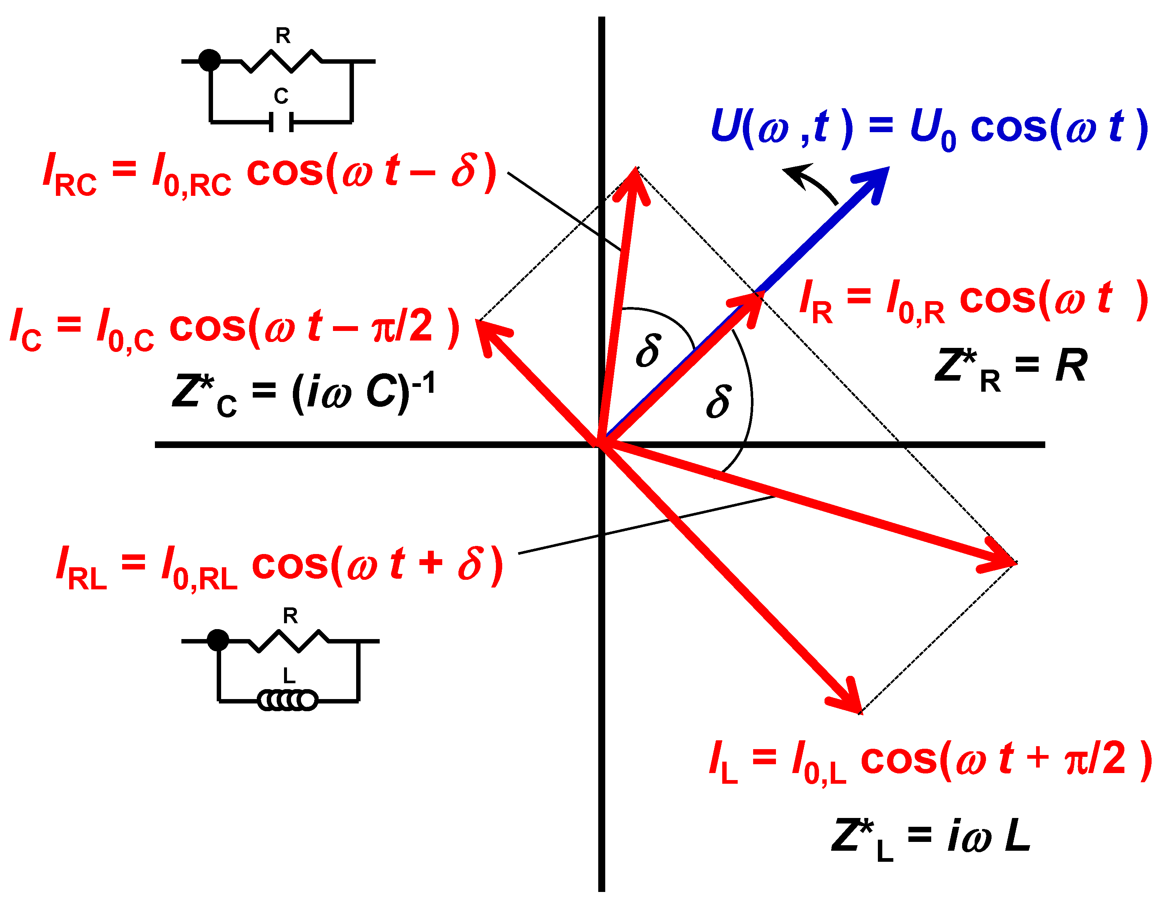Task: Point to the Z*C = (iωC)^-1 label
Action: click(303, 393)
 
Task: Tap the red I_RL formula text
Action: click(279, 568)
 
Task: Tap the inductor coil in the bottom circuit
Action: click(288, 701)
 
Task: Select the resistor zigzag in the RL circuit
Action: click(289, 641)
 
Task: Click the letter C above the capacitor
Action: click(281, 96)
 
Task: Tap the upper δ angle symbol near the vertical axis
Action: click(648, 351)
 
